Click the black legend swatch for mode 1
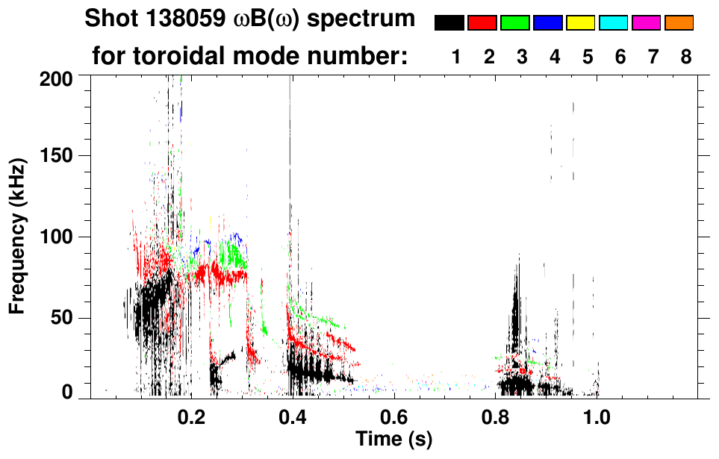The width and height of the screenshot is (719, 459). point(449,23)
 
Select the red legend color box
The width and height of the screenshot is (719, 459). point(482,23)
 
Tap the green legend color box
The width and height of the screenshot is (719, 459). point(514,23)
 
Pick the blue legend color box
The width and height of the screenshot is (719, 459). point(547,23)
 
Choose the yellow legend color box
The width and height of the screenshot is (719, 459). point(580,23)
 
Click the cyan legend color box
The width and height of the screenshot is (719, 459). point(613,23)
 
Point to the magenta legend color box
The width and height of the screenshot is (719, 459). point(646,23)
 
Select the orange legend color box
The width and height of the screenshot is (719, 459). point(679,23)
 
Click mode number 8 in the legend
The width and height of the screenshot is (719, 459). point(685,57)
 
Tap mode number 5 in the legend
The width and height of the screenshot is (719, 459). point(587,57)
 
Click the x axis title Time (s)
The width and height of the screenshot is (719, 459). point(393,439)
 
